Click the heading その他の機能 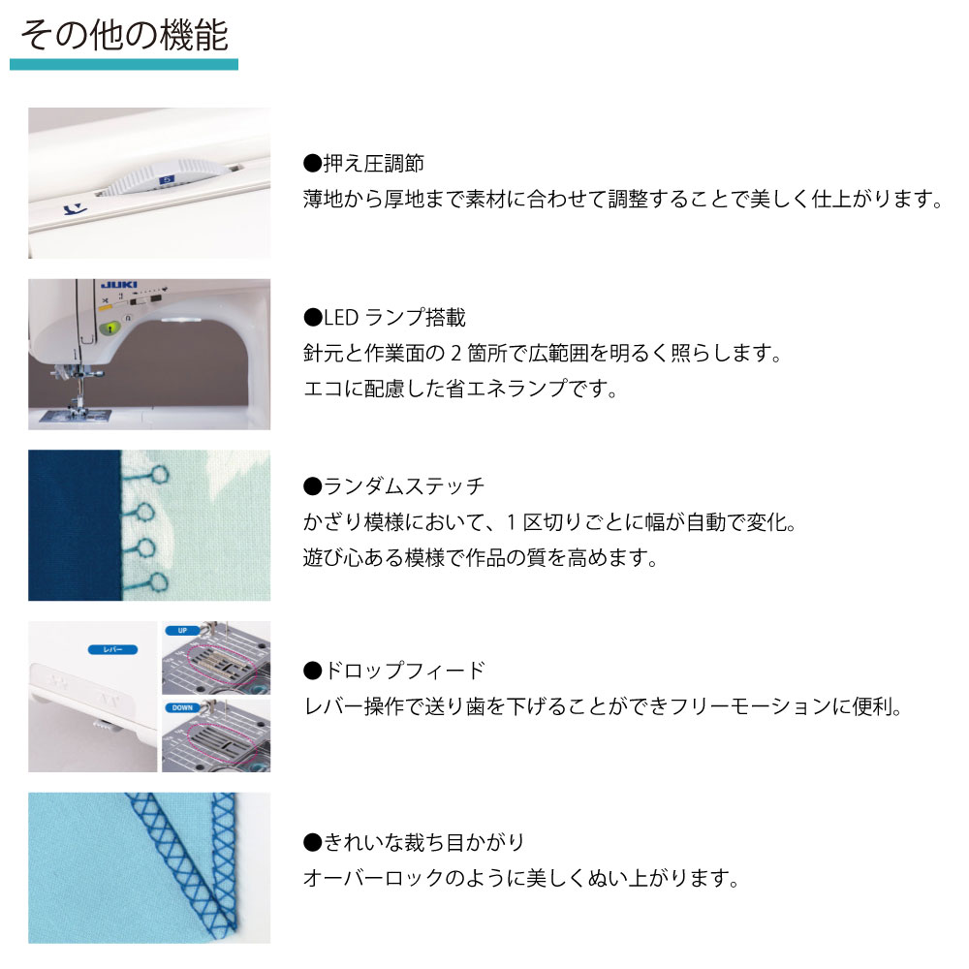tap(124, 35)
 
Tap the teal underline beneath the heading tap(124, 64)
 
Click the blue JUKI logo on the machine tap(119, 285)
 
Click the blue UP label tap(182, 631)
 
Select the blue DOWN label tap(182, 707)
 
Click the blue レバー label tap(112, 649)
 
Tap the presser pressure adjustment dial tap(163, 176)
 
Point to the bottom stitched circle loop tap(159, 582)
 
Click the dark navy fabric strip tap(75, 525)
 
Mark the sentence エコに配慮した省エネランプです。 tap(460, 389)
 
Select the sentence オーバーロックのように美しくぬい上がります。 tap(521, 878)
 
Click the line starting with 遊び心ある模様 tap(481, 558)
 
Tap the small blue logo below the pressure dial tap(76, 210)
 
